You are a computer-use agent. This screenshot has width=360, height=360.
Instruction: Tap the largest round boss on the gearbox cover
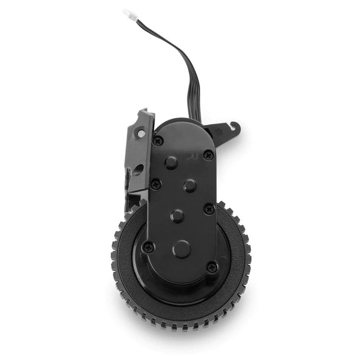point(182,249)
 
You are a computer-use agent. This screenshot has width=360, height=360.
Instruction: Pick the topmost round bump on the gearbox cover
point(171,162)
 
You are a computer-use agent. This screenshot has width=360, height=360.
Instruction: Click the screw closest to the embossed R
point(208,154)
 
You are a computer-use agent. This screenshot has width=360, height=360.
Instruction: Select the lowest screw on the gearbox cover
point(212,267)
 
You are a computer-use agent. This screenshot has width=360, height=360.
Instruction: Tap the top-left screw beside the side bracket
point(158,140)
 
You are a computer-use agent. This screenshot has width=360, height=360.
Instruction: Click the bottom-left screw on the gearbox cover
point(148,247)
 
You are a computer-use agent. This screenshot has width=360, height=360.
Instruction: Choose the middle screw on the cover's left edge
point(155,183)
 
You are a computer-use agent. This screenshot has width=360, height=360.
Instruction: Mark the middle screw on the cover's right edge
point(209,208)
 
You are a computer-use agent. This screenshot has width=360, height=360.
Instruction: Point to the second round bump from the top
point(190,185)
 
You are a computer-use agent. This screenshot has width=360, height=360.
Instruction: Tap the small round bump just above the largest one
point(178,215)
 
